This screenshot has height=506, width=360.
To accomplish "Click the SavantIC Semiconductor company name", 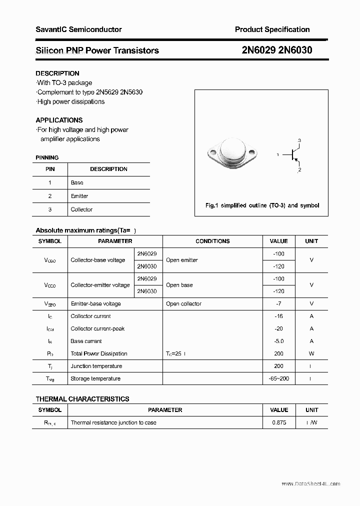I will click(78, 29).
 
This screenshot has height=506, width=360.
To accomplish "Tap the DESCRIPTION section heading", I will click(57, 73).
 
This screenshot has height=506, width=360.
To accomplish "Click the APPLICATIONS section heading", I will click(59, 120).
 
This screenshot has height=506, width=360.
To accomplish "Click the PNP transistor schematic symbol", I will click(292, 155).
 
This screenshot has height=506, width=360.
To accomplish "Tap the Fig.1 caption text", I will click(262, 205).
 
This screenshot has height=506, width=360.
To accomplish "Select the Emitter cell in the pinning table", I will click(79, 196).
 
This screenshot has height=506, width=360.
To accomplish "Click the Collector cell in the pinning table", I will click(81, 209).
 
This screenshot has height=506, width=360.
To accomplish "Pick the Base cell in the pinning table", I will click(77, 182).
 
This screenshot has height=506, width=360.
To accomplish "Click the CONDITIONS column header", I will click(212, 241).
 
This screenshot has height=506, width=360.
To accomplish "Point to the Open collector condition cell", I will click(183, 303).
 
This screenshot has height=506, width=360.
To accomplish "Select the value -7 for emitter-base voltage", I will click(278, 303).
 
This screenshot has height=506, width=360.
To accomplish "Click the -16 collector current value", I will click(278, 316).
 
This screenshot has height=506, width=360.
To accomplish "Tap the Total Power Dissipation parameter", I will click(99, 353).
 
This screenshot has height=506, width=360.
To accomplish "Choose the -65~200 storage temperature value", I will click(278, 378).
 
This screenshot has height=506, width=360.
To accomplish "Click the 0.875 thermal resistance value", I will click(278, 422).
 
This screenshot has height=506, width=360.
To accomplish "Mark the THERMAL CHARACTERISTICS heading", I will click(82, 399).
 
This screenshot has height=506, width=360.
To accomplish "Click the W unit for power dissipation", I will click(311, 353).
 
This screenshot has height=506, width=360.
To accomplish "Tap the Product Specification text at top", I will click(272, 29).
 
